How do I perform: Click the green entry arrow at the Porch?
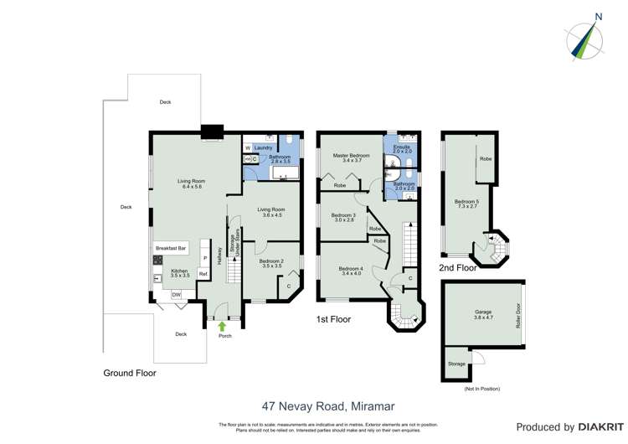[222, 327]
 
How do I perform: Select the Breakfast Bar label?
[171, 248]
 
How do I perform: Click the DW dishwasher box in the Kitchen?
[177, 295]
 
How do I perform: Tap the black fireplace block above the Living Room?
[213, 131]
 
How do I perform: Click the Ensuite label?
[401, 148]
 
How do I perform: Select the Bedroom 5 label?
[466, 201]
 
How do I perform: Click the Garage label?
[483, 313]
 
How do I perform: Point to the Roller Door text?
[518, 315]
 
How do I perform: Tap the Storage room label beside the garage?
[456, 364]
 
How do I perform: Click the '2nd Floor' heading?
[458, 268]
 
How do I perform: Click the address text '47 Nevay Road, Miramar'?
[327, 406]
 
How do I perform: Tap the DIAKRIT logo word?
[589, 427]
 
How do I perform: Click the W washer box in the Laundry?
[248, 147]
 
